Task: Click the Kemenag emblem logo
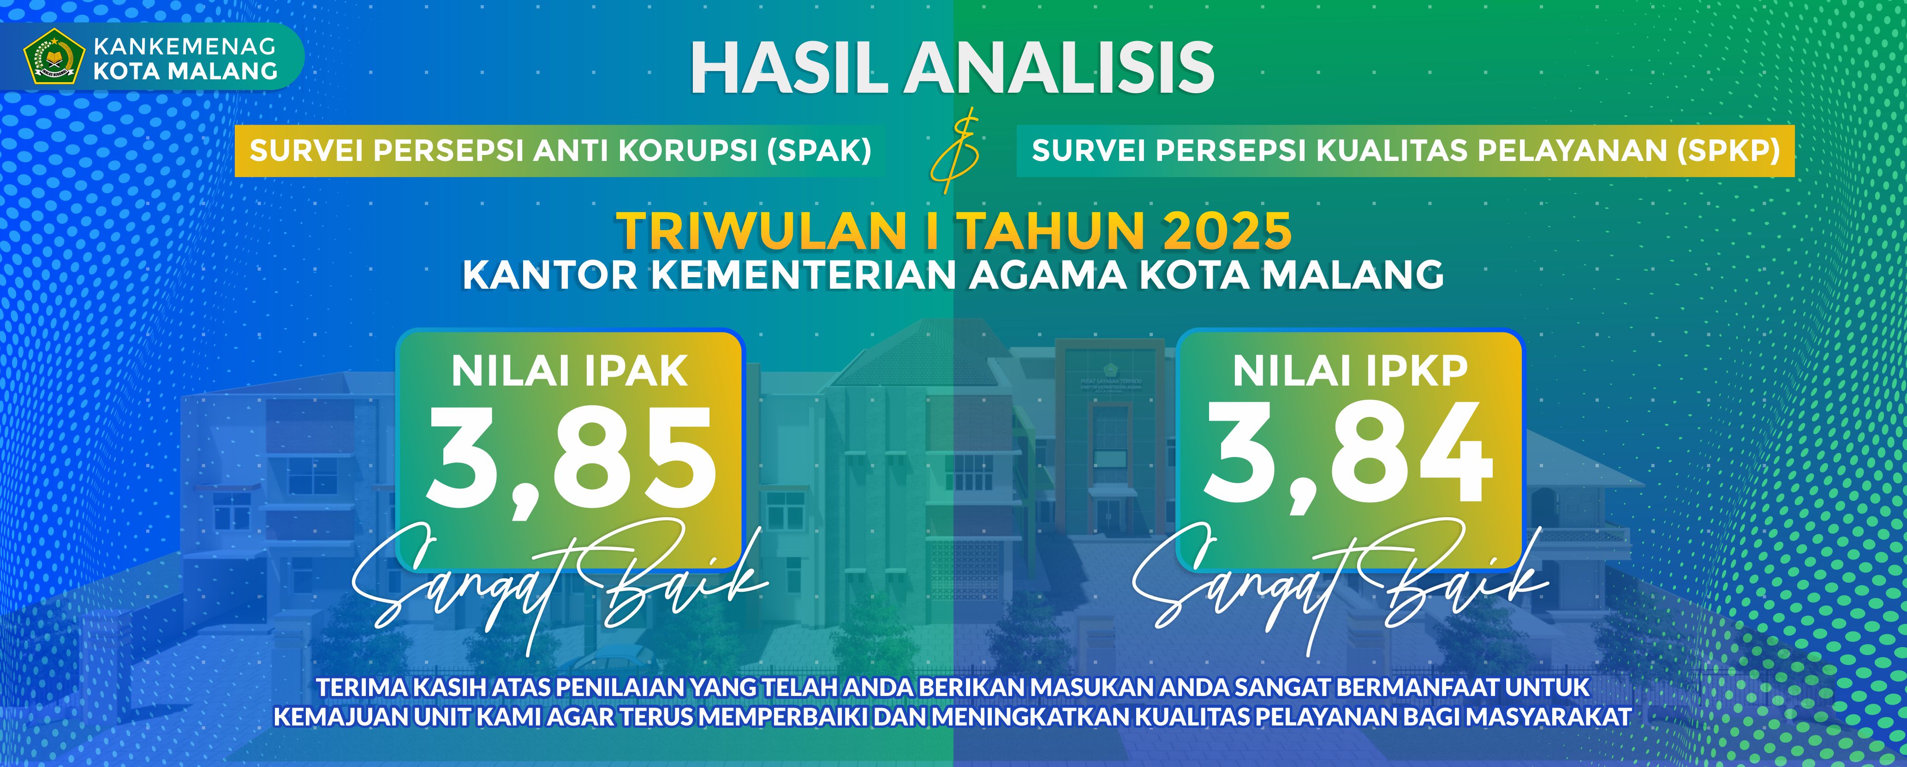pos(51,56)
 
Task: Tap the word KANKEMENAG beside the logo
pos(185,47)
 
